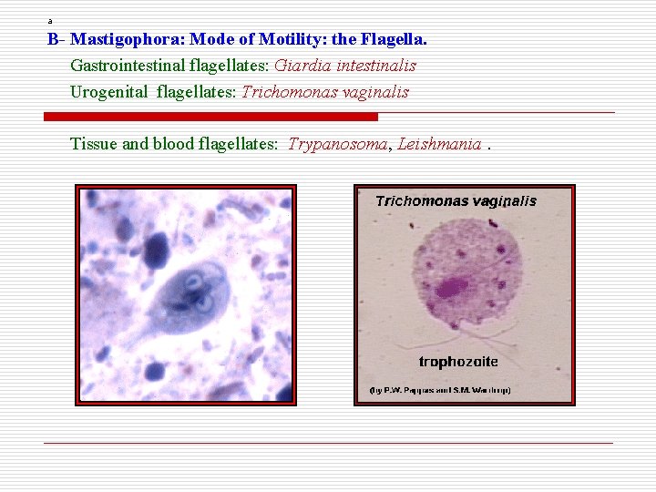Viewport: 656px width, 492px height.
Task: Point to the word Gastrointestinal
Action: [127, 66]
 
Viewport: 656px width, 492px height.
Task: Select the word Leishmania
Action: [439, 144]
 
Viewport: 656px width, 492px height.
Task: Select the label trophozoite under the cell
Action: [457, 362]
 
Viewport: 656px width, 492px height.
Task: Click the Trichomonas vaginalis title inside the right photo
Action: [456, 201]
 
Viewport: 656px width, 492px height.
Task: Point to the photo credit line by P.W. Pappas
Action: [440, 390]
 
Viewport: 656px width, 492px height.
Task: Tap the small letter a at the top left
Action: [50, 21]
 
